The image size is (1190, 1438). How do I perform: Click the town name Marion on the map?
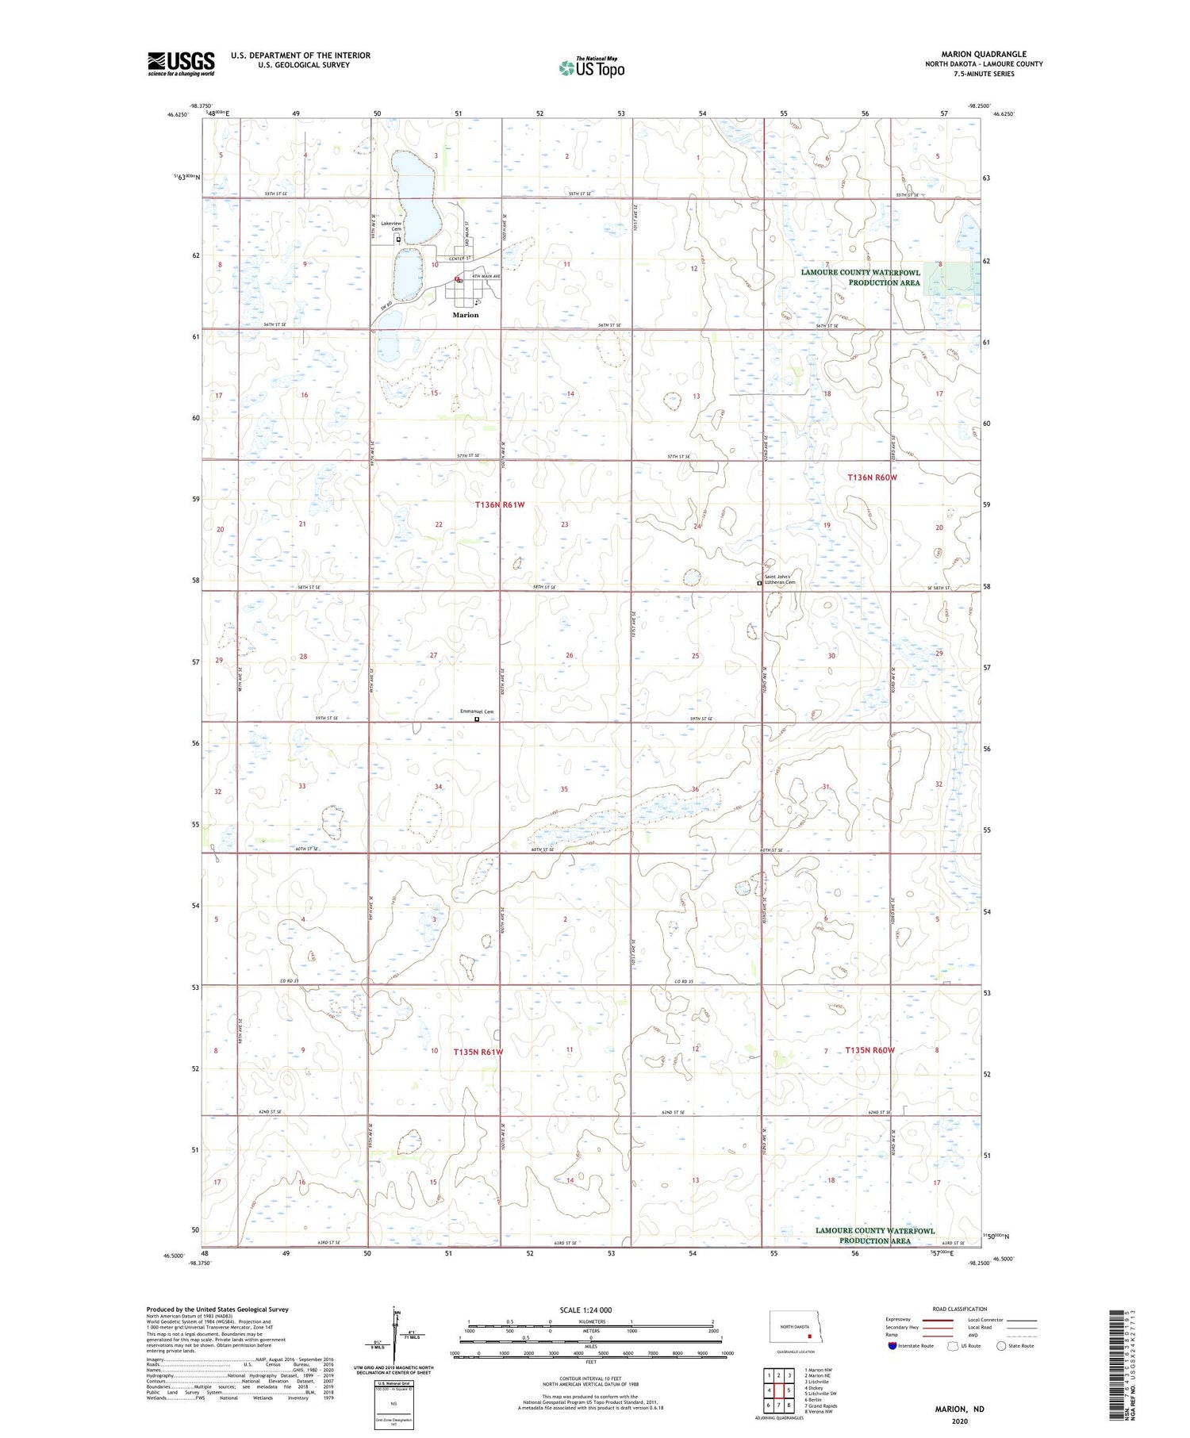point(466,315)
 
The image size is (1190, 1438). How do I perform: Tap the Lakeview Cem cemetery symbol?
point(398,239)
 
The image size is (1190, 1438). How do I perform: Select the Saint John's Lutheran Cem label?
point(780,580)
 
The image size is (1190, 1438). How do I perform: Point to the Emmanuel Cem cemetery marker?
point(477,720)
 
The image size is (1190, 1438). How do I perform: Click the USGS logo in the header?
point(181,63)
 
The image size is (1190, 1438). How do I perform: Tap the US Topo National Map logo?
point(592,67)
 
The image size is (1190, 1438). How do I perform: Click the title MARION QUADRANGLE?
point(984,54)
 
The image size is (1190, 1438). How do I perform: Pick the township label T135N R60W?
point(869,1050)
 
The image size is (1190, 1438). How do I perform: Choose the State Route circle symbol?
point(1001,1345)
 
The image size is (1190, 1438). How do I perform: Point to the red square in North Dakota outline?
point(800,1335)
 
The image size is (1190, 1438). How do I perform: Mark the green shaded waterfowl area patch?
point(951,278)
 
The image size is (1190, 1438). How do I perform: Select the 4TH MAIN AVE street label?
point(486,276)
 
